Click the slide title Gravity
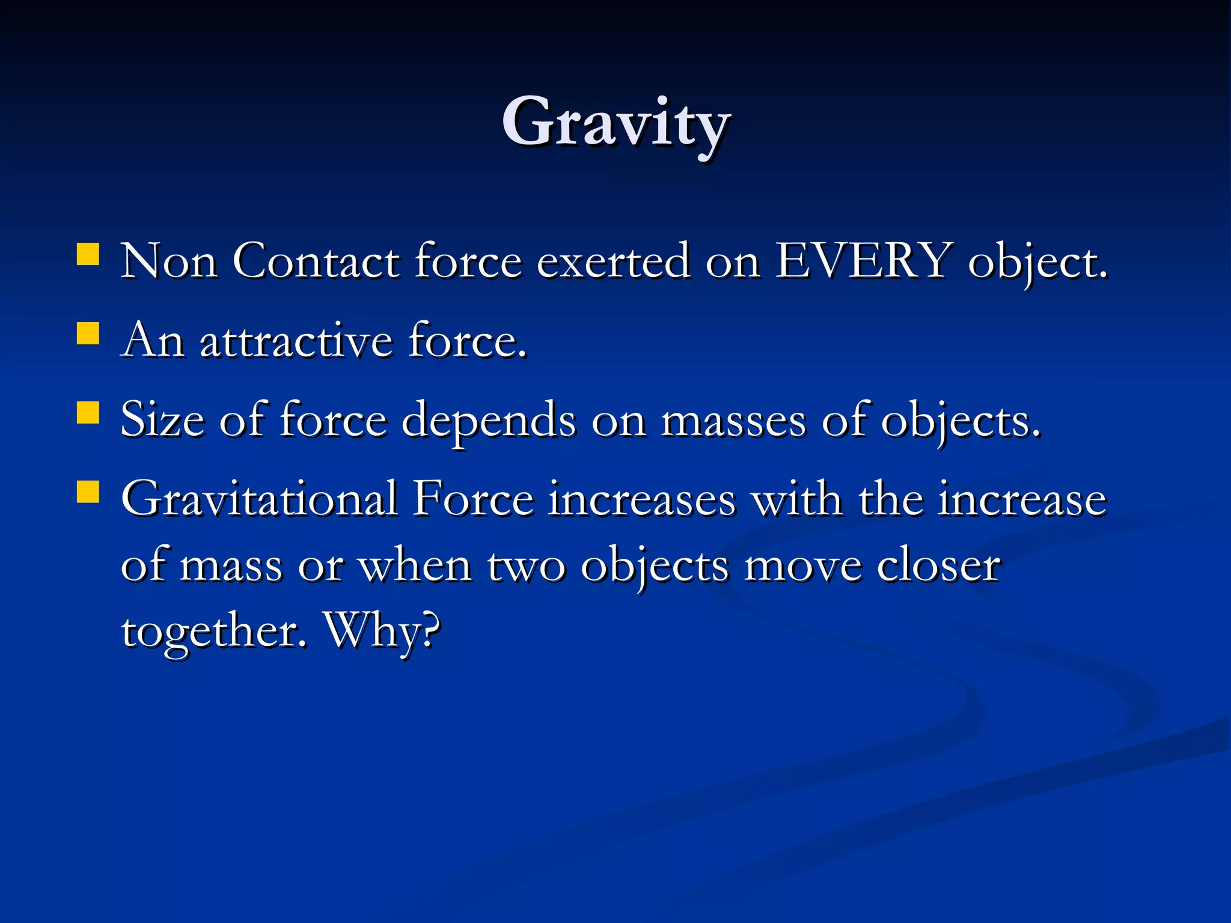[616, 123]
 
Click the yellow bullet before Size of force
[88, 413]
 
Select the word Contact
[316, 261]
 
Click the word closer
[938, 565]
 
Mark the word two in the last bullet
[526, 566]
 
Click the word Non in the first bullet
[169, 261]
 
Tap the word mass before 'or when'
[231, 567]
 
